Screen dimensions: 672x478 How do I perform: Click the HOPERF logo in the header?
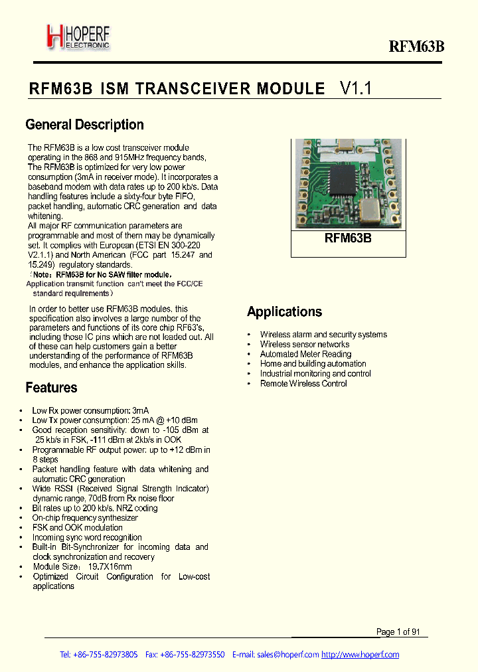(78, 37)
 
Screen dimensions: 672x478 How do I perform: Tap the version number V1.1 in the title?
(357, 88)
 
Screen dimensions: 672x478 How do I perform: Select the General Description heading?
(84, 125)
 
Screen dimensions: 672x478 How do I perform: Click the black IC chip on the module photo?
(348, 181)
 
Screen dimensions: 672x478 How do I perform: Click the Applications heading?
(284, 311)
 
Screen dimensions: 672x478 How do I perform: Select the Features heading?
(51, 388)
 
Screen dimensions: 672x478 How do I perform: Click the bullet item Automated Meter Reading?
(305, 354)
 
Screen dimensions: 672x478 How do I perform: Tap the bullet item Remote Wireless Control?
(303, 383)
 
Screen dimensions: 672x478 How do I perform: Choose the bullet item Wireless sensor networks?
(305, 344)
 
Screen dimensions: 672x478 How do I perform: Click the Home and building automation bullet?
(313, 364)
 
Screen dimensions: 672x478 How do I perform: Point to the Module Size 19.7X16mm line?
(82, 567)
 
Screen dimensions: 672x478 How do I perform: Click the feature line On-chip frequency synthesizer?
(85, 518)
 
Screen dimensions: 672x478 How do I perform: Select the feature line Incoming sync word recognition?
(87, 537)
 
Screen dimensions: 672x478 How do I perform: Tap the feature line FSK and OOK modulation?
(77, 528)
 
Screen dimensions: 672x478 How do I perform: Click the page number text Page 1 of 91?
(398, 632)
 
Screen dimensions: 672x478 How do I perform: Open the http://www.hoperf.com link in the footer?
(360, 655)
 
